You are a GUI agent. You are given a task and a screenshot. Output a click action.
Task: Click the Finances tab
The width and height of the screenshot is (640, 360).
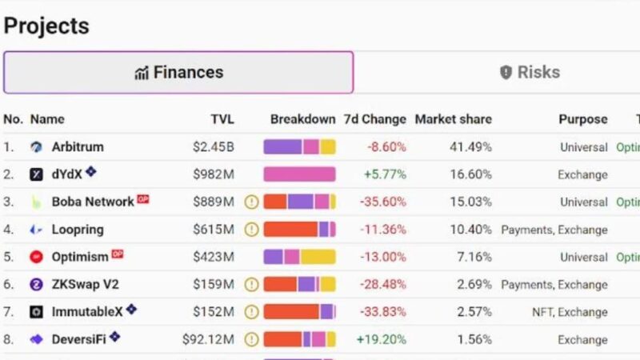point(178,73)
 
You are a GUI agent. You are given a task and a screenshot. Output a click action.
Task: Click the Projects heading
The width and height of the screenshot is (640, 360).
point(46,26)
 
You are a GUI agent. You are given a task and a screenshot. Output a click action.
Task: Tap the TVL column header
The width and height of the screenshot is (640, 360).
point(222,119)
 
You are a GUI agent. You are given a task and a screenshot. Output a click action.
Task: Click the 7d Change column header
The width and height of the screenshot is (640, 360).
point(374,119)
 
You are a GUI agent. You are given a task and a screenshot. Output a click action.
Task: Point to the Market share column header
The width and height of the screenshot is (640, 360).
point(453,119)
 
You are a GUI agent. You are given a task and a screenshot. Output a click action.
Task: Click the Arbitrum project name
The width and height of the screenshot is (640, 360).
point(78,147)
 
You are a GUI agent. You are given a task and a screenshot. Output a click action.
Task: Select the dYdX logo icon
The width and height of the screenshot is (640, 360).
point(36,174)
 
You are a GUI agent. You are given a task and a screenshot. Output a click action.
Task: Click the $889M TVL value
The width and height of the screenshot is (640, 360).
point(213,202)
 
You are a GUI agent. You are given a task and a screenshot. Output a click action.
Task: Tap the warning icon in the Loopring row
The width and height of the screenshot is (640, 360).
point(251,230)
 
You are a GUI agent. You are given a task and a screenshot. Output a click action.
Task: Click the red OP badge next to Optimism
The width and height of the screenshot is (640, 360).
point(118,254)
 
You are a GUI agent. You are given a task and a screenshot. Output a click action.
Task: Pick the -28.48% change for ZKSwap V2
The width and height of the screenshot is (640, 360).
point(382,285)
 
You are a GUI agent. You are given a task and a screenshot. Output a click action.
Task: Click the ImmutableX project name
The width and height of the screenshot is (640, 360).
point(87,312)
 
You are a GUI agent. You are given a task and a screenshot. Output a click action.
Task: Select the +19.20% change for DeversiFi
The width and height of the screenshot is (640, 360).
point(380,339)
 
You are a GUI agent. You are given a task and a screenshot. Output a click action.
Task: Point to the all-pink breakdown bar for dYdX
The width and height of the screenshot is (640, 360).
point(299,174)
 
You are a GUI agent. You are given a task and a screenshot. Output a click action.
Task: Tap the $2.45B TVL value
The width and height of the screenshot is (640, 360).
point(213,147)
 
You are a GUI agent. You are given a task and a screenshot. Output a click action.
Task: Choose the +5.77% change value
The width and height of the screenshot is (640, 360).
point(384,174)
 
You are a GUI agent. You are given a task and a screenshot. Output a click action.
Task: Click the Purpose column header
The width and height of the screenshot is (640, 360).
point(582,119)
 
